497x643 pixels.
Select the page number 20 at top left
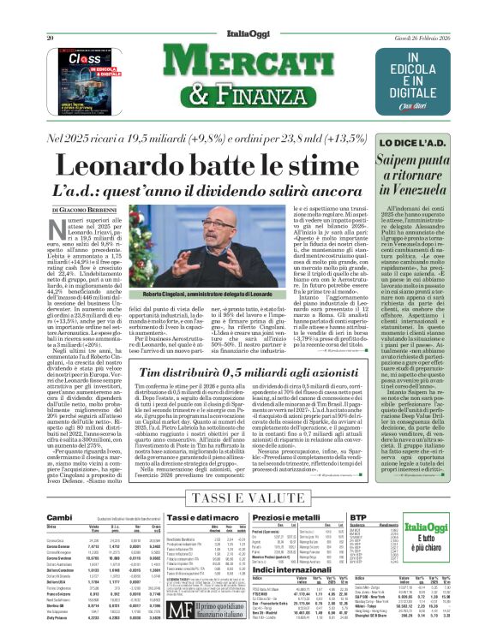pyautogui.click(x=51, y=14)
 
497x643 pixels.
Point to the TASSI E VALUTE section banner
pyautogui.click(x=248, y=497)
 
